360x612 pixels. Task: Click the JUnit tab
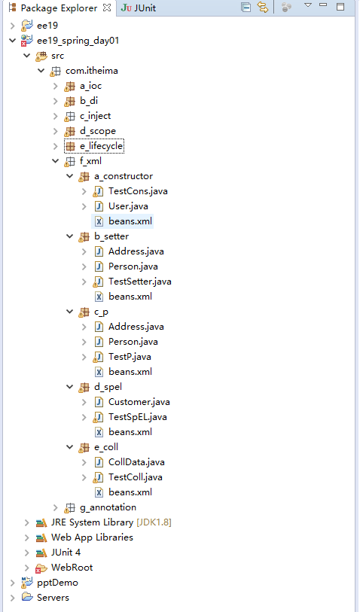point(139,8)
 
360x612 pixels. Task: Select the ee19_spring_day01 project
point(78,41)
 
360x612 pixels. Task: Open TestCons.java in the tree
point(138,191)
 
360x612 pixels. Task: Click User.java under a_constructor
point(128,206)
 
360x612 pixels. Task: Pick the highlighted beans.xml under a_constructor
point(130,221)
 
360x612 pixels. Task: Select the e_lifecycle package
point(101,146)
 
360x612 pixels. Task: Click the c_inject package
point(95,116)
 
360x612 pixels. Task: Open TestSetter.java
point(140,282)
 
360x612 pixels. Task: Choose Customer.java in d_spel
point(139,402)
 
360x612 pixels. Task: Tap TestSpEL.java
point(137,417)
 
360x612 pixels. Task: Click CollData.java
point(136,462)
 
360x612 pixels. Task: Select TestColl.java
point(135,477)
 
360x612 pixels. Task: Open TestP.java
point(130,357)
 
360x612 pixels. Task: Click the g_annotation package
point(108,507)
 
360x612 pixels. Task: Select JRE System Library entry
point(111,522)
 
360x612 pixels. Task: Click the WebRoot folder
point(72,568)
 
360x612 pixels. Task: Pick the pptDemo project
point(57,583)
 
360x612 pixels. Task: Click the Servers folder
point(53,598)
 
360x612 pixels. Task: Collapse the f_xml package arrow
point(56,161)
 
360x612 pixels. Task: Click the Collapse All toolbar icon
point(246,7)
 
